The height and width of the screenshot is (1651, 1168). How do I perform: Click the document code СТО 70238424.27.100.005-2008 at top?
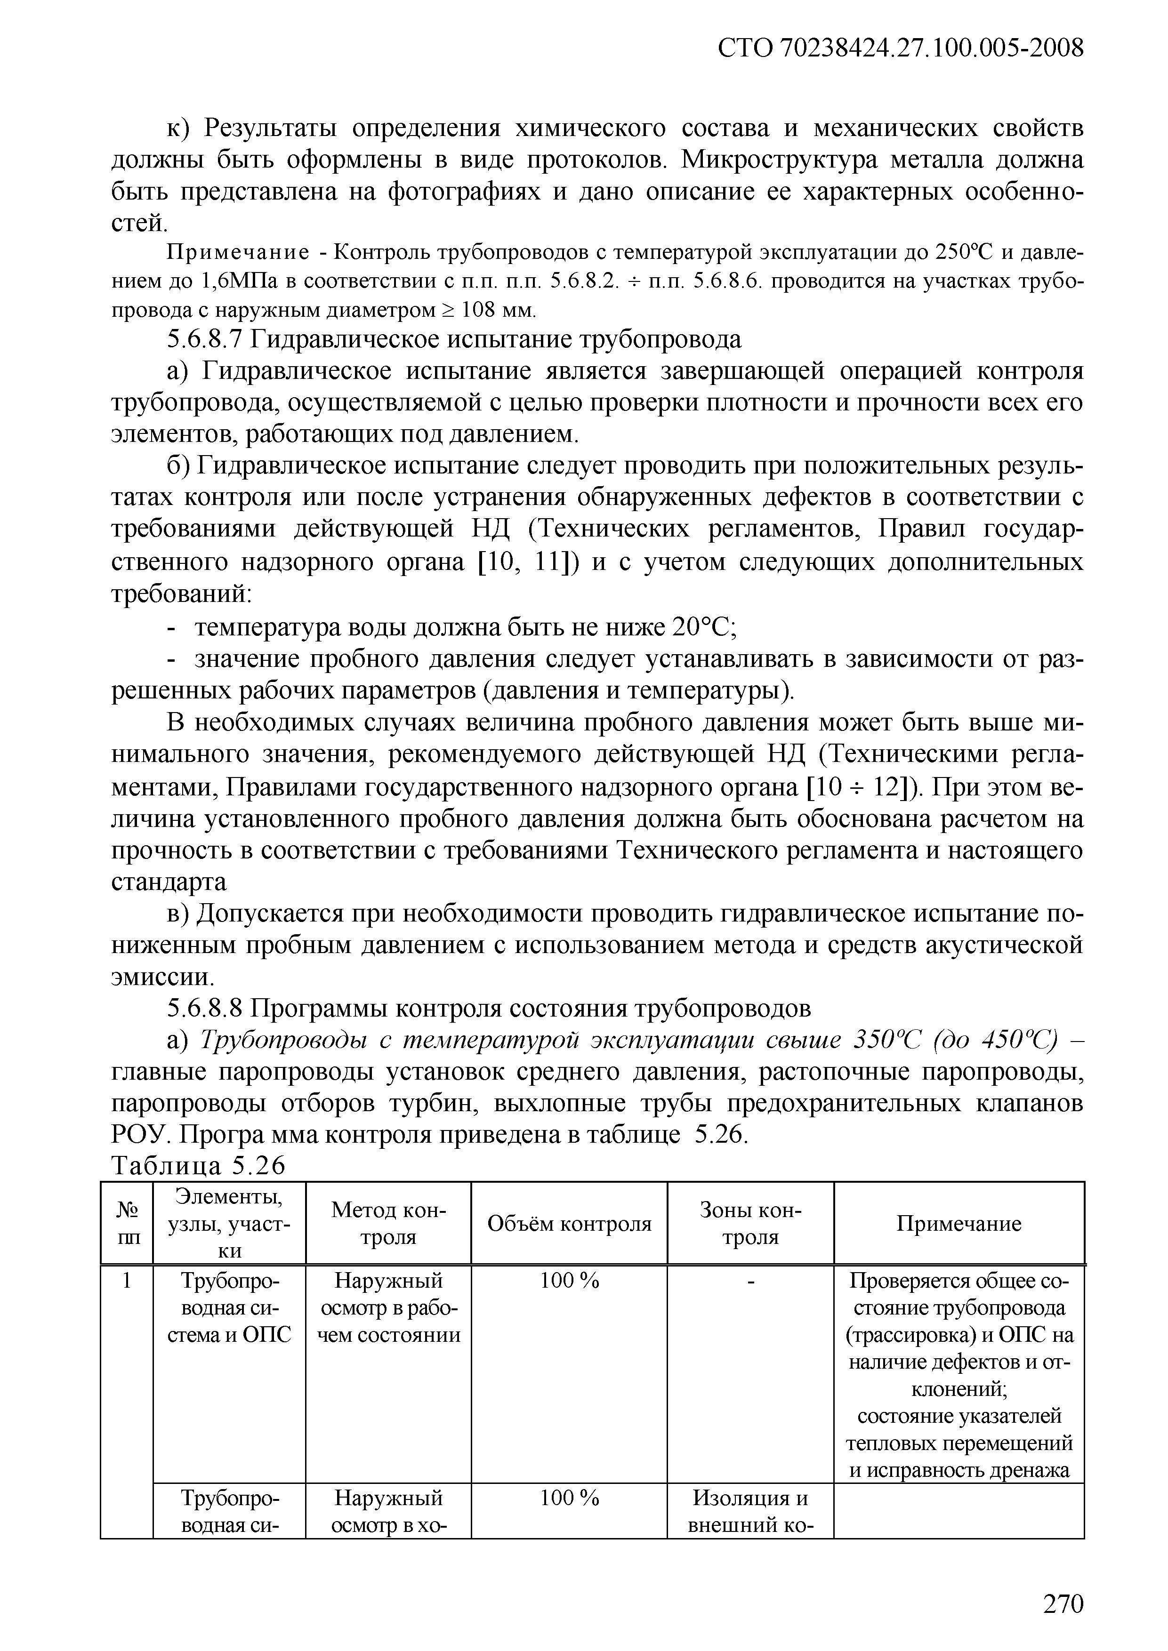tap(901, 49)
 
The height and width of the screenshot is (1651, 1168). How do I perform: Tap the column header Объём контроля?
tap(569, 1224)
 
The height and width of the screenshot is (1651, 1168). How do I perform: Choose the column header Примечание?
tap(959, 1224)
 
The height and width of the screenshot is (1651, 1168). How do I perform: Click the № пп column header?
tap(127, 1224)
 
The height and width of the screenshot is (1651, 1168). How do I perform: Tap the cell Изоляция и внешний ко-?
tap(750, 1511)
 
